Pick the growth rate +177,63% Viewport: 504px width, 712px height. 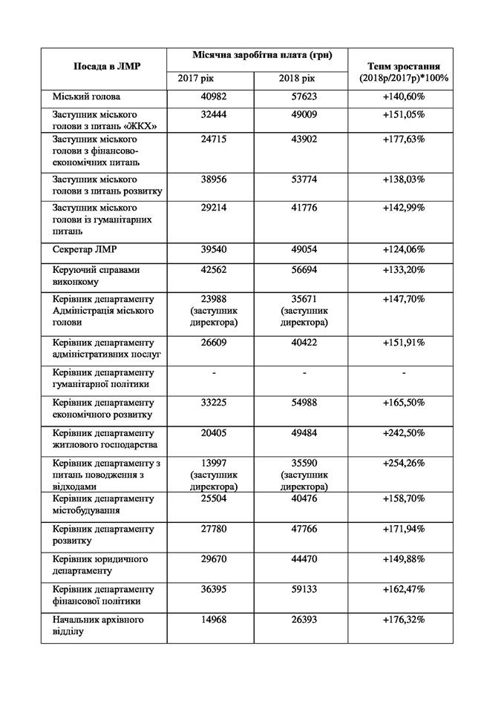pyautogui.click(x=404, y=139)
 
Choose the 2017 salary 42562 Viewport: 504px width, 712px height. pyautogui.click(x=209, y=270)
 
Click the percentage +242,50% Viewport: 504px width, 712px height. pyautogui.click(x=404, y=432)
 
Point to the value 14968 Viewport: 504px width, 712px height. pyautogui.click(x=209, y=619)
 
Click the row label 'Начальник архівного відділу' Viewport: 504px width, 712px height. pyautogui.click(x=98, y=625)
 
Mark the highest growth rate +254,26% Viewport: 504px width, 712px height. pyautogui.click(x=404, y=463)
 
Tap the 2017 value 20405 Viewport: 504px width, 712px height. pyautogui.click(x=209, y=432)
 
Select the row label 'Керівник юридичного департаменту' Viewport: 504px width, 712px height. pyautogui.click(x=101, y=564)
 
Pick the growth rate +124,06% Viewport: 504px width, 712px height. pyautogui.click(x=404, y=250)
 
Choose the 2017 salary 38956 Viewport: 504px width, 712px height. pyautogui.click(x=209, y=179)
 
